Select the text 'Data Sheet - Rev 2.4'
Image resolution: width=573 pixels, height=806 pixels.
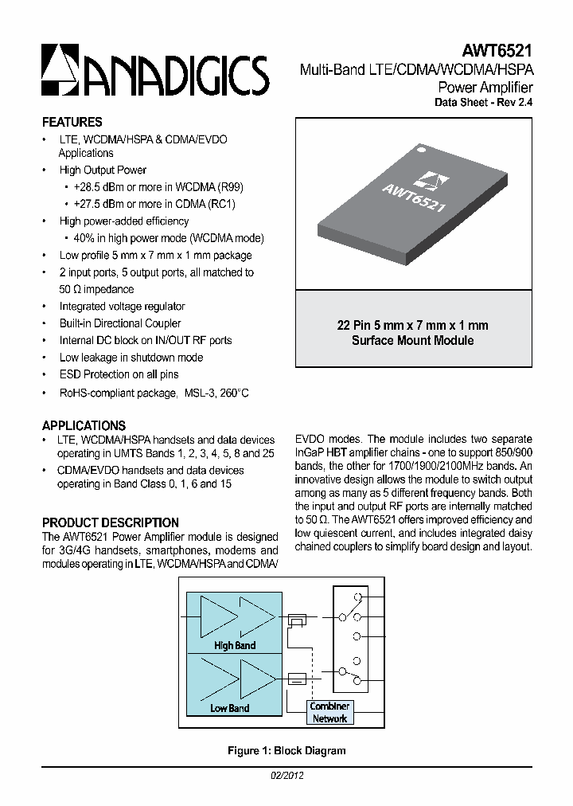pyautogui.click(x=483, y=103)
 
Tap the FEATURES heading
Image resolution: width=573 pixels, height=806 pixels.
pyautogui.click(x=72, y=123)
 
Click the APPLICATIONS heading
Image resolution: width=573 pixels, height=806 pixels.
pyautogui.click(x=84, y=425)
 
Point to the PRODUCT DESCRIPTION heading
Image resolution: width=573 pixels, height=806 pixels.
pyautogui.click(x=110, y=522)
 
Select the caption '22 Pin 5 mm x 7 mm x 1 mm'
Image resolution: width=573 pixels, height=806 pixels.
pyautogui.click(x=412, y=326)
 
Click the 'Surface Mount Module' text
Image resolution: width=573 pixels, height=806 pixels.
pyautogui.click(x=412, y=341)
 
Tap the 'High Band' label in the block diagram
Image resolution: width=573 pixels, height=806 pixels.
pyautogui.click(x=235, y=645)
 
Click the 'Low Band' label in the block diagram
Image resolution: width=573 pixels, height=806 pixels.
pyautogui.click(x=229, y=708)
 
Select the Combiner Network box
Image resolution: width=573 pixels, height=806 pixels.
pyautogui.click(x=329, y=712)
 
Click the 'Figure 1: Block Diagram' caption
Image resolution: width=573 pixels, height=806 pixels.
pyautogui.click(x=286, y=750)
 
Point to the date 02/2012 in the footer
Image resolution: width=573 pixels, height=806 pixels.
pyautogui.click(x=287, y=775)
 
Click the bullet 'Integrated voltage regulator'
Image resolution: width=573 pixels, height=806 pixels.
pyautogui.click(x=122, y=307)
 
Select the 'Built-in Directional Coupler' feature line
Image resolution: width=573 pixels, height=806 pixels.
pyautogui.click(x=119, y=323)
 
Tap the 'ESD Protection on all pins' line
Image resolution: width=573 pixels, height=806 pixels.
pyautogui.click(x=119, y=374)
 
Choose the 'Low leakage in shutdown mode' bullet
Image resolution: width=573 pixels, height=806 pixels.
pyautogui.click(x=131, y=358)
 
